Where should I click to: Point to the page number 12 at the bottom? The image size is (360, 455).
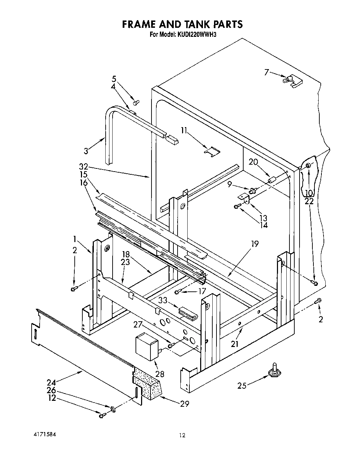coord(182,435)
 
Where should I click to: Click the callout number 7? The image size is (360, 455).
coord(267,73)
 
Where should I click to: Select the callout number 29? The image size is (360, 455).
coord(185,404)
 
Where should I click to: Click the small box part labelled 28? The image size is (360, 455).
coord(146,346)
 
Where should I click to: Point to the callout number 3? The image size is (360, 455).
coord(86,151)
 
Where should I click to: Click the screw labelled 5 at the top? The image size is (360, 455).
coord(136,102)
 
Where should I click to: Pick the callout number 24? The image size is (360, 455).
coord(51,382)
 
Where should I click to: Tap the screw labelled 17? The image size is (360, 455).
coord(178,292)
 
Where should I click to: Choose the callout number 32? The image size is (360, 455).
coord(83,166)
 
